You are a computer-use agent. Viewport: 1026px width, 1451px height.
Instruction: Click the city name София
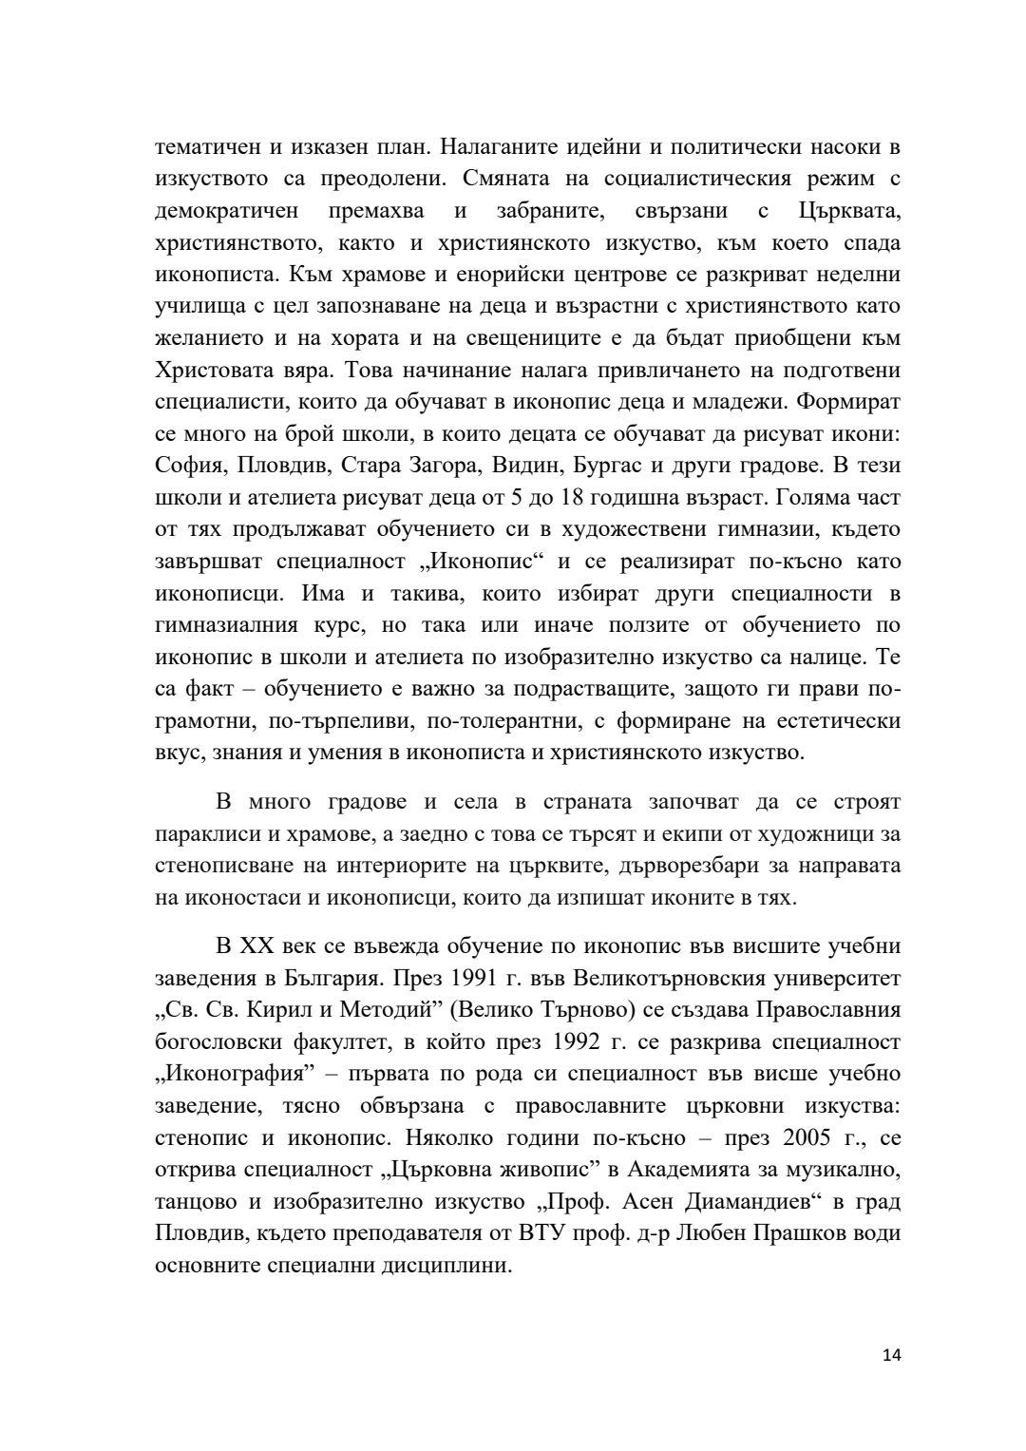[x=190, y=466]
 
